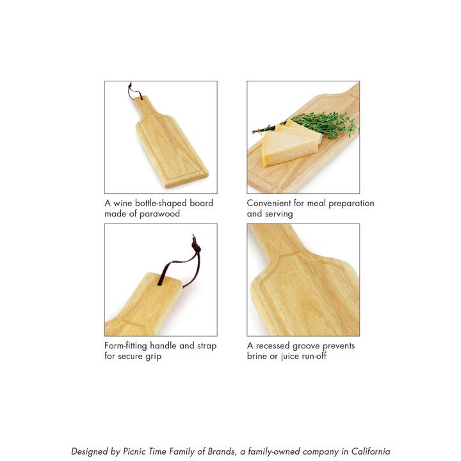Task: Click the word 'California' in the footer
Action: [367, 451]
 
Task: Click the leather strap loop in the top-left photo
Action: [134, 93]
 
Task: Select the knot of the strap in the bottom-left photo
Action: [195, 246]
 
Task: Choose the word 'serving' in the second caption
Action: [279, 214]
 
